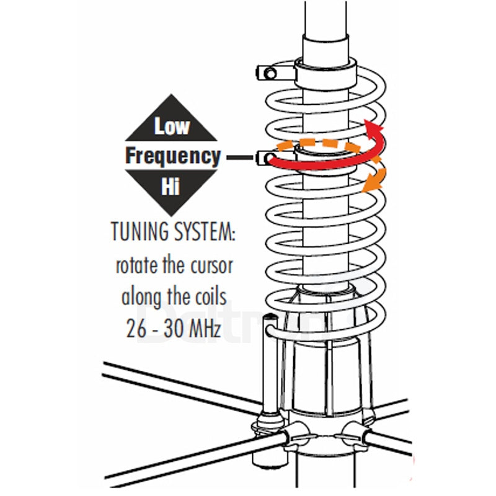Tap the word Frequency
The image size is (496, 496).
coord(172,156)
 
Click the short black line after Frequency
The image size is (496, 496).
coord(239,158)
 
